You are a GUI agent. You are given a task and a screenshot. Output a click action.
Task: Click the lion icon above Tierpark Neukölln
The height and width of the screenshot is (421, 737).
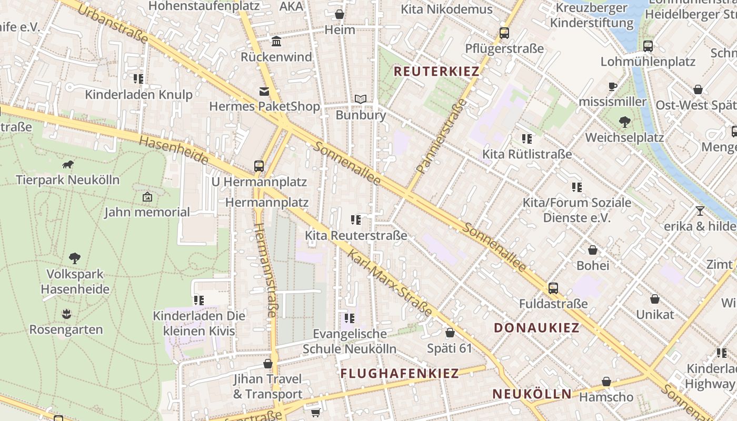pos(68,165)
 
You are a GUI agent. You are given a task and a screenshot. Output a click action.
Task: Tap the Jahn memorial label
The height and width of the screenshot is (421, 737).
pos(147,212)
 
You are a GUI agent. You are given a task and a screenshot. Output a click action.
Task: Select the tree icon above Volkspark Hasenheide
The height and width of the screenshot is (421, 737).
pos(75,258)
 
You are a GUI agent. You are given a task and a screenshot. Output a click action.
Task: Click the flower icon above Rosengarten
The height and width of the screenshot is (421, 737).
pos(66,314)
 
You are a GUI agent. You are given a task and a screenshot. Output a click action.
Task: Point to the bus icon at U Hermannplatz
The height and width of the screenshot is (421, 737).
pos(258,166)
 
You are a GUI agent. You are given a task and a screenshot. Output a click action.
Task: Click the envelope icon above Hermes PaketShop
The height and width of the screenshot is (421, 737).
pos(264,92)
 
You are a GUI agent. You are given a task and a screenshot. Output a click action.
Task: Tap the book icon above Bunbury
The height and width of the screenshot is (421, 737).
pos(361,99)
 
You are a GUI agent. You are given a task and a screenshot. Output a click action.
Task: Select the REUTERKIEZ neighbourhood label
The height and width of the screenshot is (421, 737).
pos(436,72)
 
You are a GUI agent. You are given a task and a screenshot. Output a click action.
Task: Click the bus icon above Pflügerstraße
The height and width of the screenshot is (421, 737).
pos(504,33)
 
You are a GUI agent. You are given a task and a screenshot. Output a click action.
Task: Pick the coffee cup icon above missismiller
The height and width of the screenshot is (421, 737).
pos(612,86)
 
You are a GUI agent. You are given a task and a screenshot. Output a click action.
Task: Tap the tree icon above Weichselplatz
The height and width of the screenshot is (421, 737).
pos(624,122)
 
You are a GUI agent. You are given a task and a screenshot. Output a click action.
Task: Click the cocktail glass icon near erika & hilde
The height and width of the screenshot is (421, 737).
pos(700,211)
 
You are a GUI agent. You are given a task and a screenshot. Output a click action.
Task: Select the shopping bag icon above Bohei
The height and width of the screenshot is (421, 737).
pos(593,250)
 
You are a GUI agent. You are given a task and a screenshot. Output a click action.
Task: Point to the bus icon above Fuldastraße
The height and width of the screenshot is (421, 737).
pos(553,288)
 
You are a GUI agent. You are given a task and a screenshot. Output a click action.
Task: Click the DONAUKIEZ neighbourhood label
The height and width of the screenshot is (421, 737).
pos(536,328)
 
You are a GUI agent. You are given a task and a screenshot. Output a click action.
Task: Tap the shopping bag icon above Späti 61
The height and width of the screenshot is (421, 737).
pos(450,333)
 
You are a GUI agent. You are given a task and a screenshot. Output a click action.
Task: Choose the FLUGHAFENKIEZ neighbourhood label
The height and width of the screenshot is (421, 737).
pos(400,374)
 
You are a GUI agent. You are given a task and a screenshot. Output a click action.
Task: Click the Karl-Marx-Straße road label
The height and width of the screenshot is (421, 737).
pos(390,283)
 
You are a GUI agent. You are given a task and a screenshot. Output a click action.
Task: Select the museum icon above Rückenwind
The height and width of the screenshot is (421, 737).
pos(276,42)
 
